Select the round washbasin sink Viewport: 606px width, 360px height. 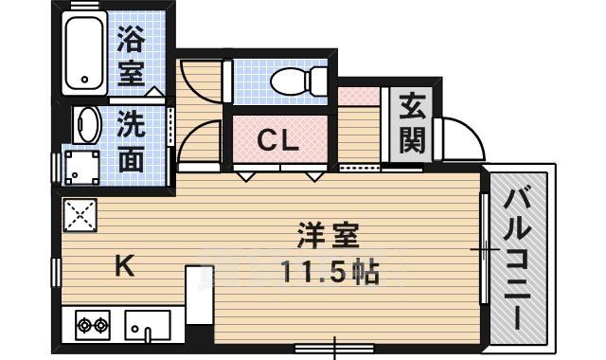(x=87, y=124)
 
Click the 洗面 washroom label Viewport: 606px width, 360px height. (x=132, y=142)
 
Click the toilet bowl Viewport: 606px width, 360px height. (x=294, y=82)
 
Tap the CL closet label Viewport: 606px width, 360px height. (x=279, y=142)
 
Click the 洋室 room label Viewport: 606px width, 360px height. (x=327, y=234)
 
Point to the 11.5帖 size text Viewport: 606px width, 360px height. (x=329, y=273)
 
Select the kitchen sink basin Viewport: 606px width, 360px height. (x=148, y=326)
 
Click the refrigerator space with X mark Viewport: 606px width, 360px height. (x=80, y=215)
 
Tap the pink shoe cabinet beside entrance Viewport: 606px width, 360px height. (x=359, y=97)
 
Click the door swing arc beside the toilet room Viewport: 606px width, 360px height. (x=201, y=81)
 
